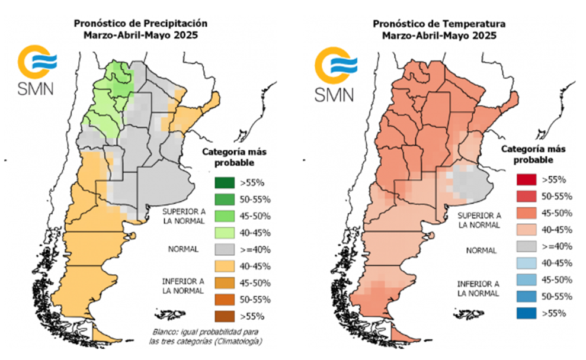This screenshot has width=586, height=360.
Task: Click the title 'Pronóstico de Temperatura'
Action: [x=439, y=24]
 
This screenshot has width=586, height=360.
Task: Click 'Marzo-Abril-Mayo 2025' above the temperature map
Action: [x=439, y=36]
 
